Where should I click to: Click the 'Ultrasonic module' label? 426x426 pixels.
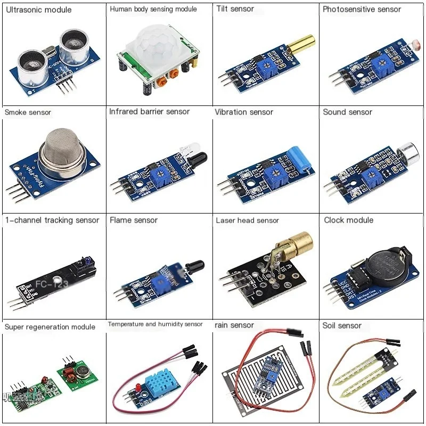coord(37,10)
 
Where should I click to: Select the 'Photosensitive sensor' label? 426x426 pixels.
coord(362,9)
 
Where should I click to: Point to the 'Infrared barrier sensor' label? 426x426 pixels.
coord(149,112)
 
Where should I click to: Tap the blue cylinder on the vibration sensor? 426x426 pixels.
coord(299,159)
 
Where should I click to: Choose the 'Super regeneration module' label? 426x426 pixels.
coord(50,326)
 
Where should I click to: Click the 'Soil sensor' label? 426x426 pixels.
coord(342,325)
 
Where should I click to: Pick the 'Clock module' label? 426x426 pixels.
coord(348,220)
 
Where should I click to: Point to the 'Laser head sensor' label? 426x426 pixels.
coord(247,220)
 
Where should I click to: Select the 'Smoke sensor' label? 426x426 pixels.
coord(28,112)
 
